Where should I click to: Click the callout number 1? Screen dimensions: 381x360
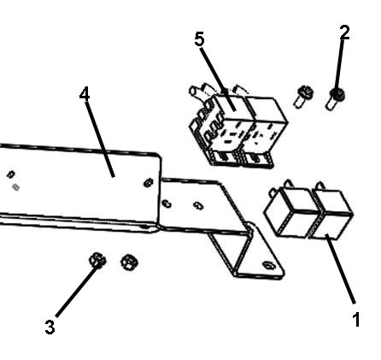point(356,320)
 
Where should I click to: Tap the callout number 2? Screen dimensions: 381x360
point(344,32)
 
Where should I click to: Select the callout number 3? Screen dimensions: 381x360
point(50,327)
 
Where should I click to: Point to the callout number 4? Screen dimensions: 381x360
point(85,94)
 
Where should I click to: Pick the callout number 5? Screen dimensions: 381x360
point(199,39)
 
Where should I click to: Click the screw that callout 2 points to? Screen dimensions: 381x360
point(336,99)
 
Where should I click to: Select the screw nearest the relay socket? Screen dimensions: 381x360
point(303,97)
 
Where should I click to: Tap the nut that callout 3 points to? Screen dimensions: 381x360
point(97,260)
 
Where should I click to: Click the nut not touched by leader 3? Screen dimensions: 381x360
point(130,263)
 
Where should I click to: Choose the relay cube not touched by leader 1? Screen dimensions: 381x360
point(290,211)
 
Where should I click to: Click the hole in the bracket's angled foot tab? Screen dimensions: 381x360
point(268,265)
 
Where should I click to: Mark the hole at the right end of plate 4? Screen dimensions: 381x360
point(149,182)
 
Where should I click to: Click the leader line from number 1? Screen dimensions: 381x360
point(341,269)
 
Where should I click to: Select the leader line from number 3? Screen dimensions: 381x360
point(78,291)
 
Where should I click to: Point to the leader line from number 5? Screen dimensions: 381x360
point(218,80)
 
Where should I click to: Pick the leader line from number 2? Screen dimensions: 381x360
point(339,66)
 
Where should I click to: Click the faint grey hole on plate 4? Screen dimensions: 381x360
point(16,187)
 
